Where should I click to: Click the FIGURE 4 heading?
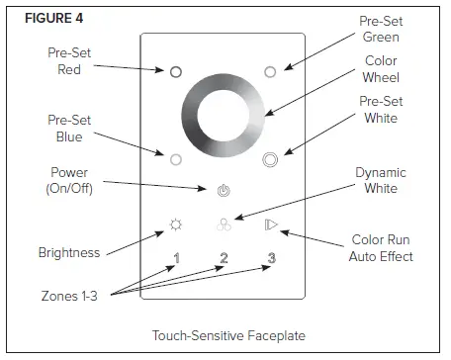click(x=44, y=17)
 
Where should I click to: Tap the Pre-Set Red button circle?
click(x=175, y=71)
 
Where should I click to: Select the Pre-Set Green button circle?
click(x=269, y=71)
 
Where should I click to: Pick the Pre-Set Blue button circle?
click(x=175, y=157)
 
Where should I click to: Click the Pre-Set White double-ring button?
click(x=269, y=157)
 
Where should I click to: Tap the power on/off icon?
click(x=223, y=188)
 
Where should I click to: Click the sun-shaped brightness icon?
click(x=176, y=225)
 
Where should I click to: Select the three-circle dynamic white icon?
click(x=223, y=225)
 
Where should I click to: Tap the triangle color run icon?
click(x=270, y=225)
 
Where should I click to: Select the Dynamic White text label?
click(x=381, y=180)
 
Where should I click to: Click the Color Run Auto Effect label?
click(x=382, y=247)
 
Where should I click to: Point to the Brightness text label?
click(x=69, y=252)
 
